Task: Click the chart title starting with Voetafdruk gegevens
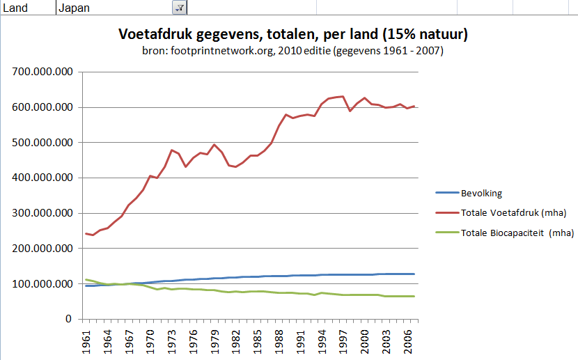292,34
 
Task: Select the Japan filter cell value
75,8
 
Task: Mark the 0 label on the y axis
68,319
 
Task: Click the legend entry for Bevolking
481,194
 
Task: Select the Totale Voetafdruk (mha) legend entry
513,212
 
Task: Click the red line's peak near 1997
341,96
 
